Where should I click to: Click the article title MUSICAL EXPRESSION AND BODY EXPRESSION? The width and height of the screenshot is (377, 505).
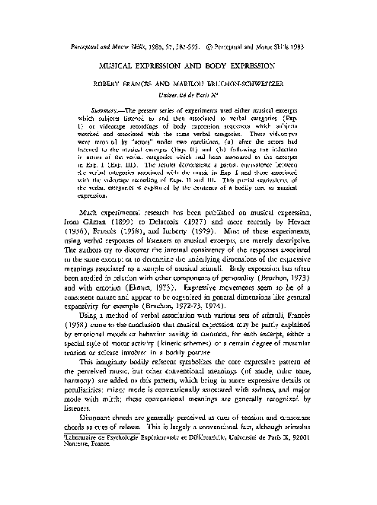(188, 67)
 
